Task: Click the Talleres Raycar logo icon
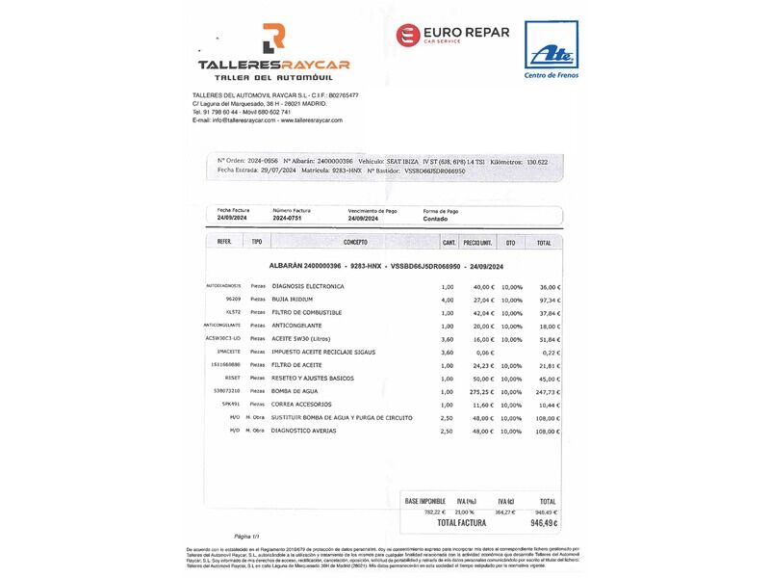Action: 273,39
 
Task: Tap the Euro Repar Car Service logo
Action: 452,36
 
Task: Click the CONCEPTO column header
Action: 355,242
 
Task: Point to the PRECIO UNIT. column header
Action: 477,242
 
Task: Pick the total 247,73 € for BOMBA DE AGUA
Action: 546,392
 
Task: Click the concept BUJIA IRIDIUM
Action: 299,300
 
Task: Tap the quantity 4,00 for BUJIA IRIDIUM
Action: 447,300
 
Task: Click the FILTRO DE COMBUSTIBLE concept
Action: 307,313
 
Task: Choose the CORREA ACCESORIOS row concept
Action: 302,405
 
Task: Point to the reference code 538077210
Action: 226,392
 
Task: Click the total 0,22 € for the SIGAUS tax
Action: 551,353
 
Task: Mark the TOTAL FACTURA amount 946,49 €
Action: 543,523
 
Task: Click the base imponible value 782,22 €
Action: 419,512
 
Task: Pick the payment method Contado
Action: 436,219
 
